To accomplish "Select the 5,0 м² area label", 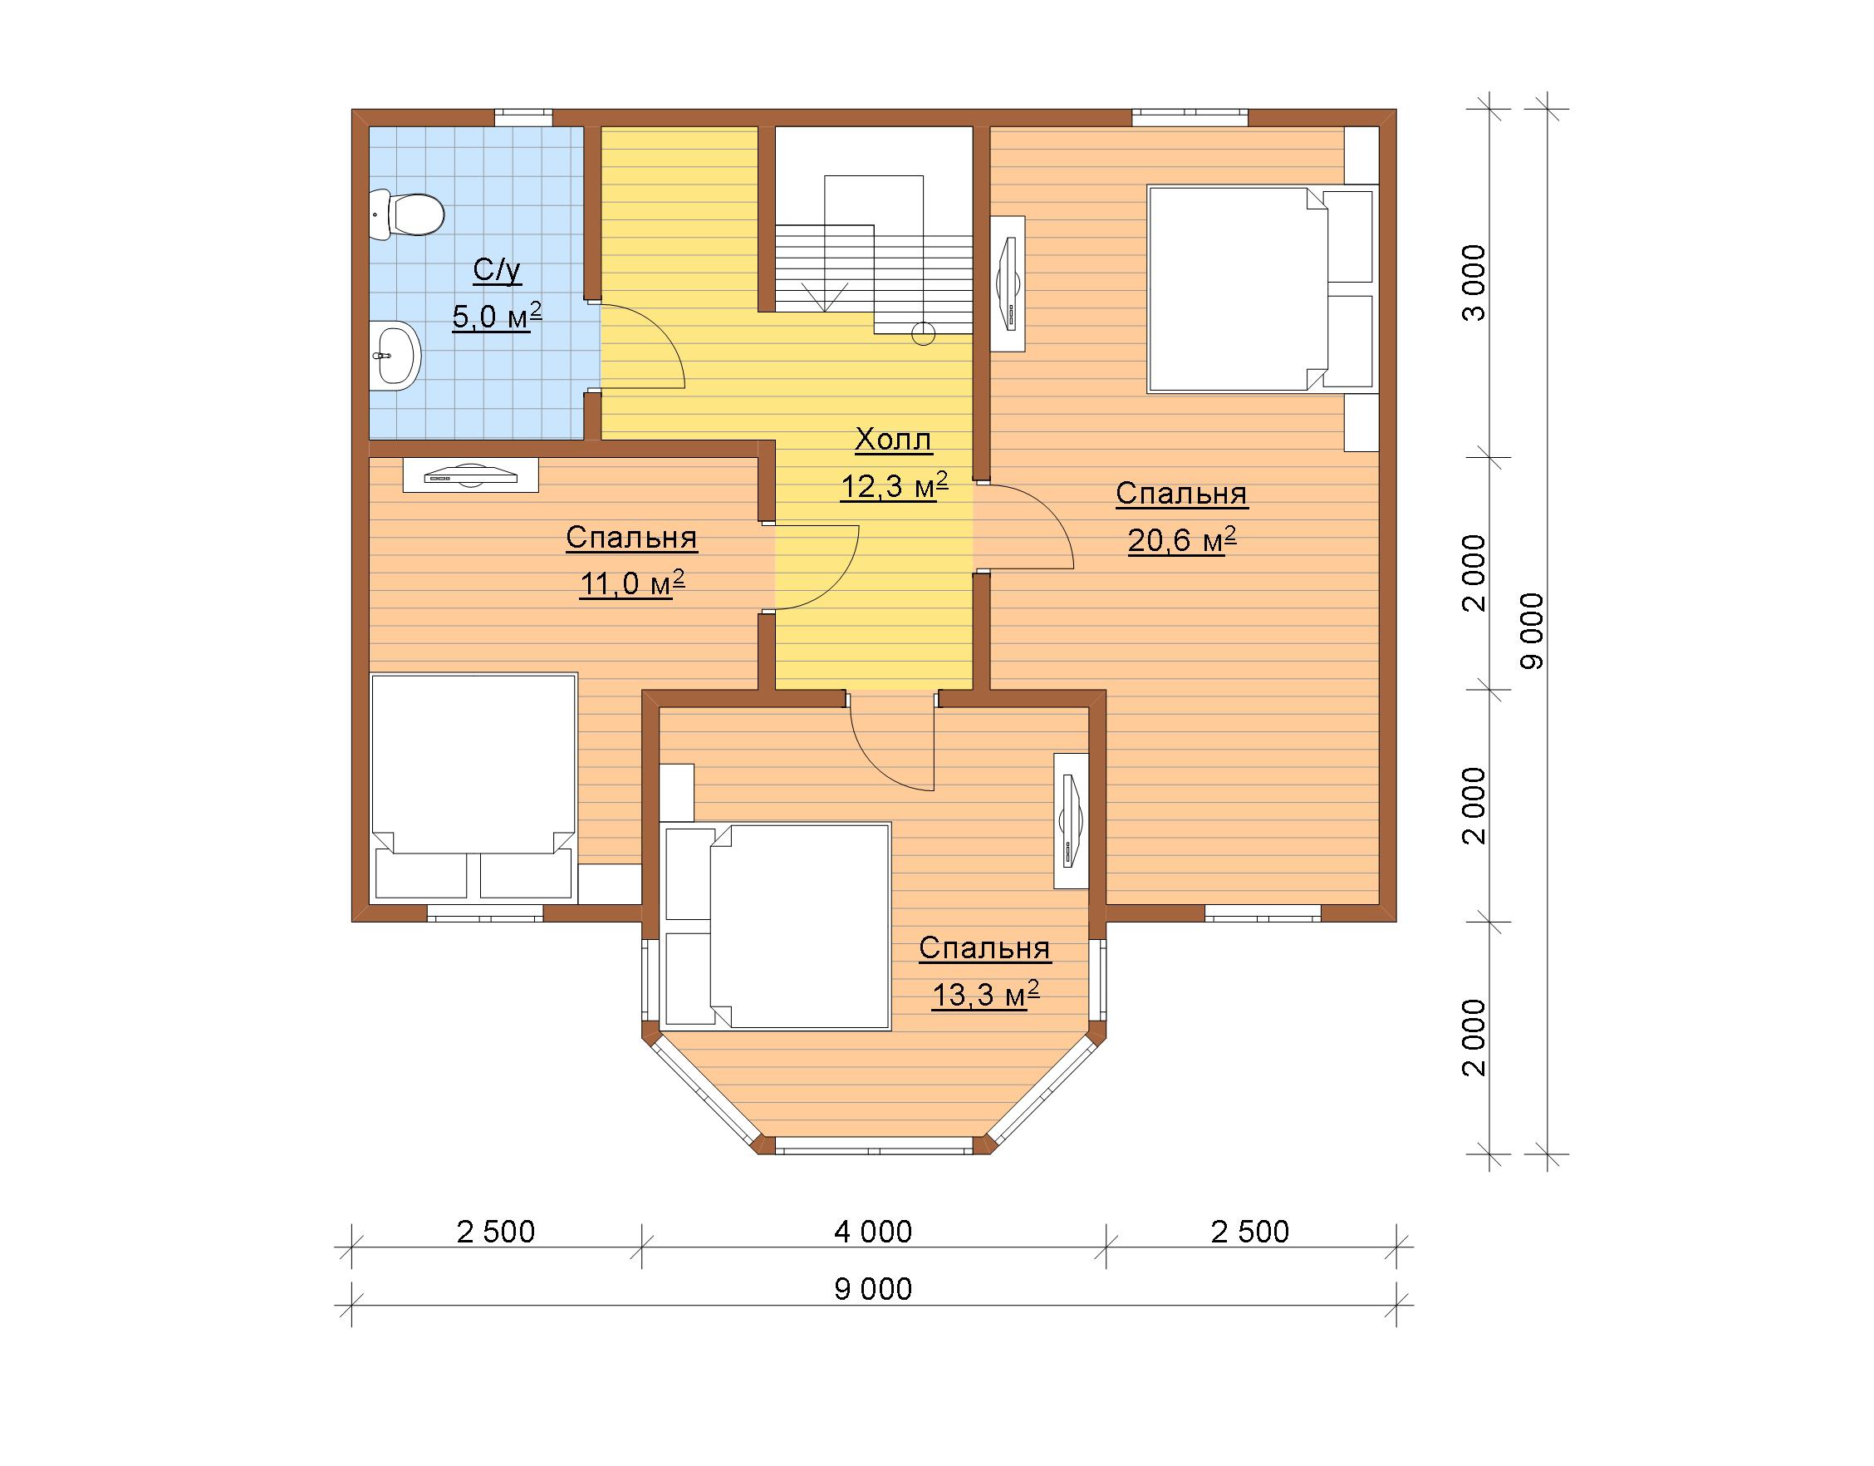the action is click(x=497, y=316).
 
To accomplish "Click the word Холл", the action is click(x=893, y=440).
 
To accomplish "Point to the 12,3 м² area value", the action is click(x=893, y=486).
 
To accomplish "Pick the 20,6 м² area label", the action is click(x=1181, y=540).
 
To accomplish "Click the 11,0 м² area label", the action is click(x=631, y=583).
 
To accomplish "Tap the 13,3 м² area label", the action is click(x=985, y=995).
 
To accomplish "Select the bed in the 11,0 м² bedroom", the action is click(x=473, y=788).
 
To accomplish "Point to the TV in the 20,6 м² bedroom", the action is click(x=1008, y=283).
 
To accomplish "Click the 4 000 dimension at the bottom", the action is click(x=873, y=1232).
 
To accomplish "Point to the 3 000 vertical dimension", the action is click(x=1474, y=283).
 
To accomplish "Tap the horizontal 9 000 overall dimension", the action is click(x=873, y=1290).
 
